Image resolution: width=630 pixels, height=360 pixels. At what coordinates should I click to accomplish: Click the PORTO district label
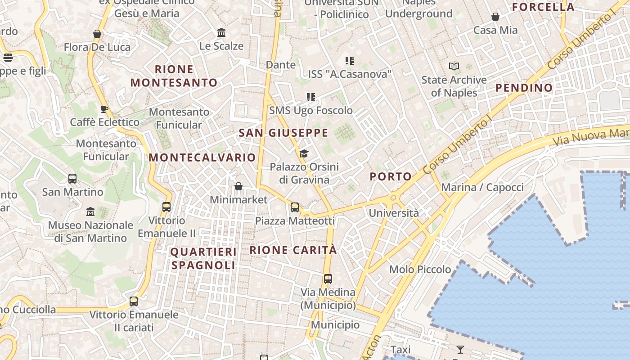391,176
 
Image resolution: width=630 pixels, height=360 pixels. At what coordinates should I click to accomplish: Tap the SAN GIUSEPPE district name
283,133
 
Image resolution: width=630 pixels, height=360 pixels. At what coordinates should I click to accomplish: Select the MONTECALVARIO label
202,157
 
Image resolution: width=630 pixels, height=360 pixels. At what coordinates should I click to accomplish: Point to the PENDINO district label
524,88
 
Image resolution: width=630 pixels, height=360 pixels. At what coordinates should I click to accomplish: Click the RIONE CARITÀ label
293,250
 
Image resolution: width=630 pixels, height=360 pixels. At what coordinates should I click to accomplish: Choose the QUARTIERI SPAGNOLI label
203,258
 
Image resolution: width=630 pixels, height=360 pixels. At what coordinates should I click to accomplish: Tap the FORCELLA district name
544,7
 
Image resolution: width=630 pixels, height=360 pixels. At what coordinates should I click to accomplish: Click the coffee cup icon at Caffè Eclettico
104,109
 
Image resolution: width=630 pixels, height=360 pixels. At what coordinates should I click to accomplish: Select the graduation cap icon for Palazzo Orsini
304,154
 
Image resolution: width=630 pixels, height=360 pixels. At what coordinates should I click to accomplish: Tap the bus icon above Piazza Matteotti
295,207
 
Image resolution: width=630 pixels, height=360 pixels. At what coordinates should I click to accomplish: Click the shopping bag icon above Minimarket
238,186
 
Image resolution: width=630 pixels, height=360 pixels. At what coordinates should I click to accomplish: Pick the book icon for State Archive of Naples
454,67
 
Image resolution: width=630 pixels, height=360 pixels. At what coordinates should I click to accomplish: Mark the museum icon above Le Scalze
221,33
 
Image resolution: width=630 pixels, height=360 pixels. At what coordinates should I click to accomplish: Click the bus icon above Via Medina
328,279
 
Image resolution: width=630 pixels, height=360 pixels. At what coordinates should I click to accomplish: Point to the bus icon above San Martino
72,179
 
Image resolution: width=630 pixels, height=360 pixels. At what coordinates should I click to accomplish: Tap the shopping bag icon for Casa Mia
495,17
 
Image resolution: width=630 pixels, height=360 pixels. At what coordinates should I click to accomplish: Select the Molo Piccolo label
420,270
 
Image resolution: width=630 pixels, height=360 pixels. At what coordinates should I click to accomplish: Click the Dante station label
281,65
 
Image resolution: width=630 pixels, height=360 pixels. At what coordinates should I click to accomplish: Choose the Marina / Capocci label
482,187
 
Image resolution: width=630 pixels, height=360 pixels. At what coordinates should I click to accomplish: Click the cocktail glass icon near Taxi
460,350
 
